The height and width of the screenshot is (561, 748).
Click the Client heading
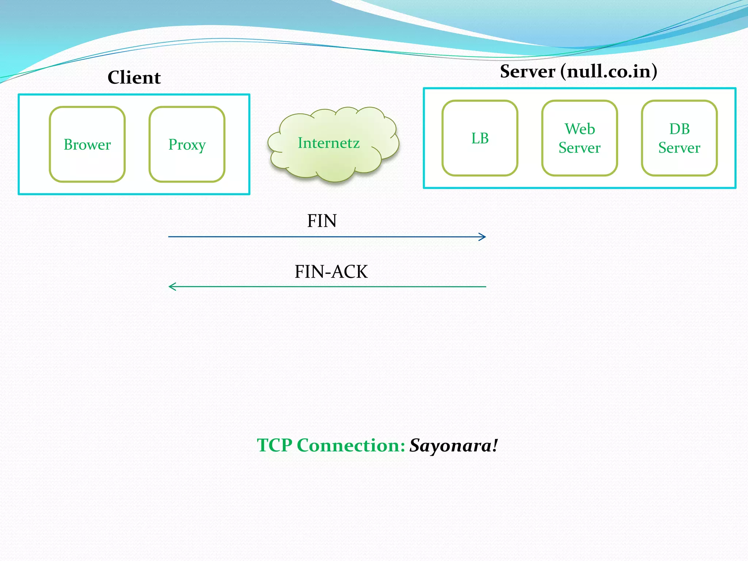point(134,77)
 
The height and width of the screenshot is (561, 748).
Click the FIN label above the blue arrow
point(321,221)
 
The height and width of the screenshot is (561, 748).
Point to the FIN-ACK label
point(331,272)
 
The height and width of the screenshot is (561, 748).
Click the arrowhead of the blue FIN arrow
point(483,237)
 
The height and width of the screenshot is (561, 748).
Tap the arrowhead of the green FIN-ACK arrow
point(172,287)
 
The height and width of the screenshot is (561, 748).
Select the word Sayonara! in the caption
point(454,446)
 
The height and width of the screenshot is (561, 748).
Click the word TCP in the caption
point(275,446)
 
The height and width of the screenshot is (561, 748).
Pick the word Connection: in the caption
point(351,446)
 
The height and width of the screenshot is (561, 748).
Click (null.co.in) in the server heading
point(609,71)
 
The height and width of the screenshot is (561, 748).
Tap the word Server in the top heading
point(527,71)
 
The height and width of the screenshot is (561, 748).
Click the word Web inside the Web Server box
point(580,129)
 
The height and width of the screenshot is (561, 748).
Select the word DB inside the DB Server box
point(679,129)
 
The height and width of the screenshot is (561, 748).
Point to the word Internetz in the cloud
point(329,143)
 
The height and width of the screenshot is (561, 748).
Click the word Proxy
point(187,145)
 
